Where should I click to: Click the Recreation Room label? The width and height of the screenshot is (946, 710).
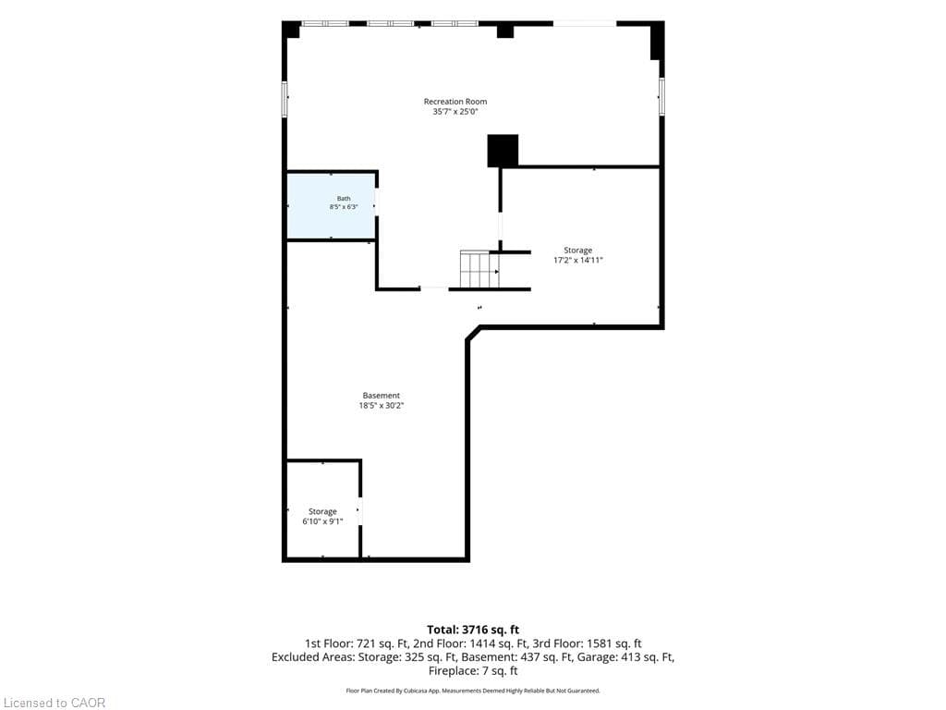tap(455, 102)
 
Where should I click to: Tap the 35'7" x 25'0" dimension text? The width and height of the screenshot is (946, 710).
tap(455, 112)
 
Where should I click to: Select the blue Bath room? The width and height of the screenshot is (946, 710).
tap(331, 205)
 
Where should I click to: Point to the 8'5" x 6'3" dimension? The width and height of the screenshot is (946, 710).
tap(344, 207)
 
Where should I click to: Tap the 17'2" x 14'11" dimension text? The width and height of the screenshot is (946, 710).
tap(578, 260)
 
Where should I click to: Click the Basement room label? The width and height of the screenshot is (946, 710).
tap(381, 396)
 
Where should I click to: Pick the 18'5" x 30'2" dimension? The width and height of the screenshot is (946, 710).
tap(381, 406)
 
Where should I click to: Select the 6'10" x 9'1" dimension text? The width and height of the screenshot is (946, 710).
tap(322, 521)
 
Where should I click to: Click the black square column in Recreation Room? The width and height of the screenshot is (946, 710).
tap(503, 151)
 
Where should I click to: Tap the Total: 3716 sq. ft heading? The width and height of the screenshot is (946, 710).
tap(473, 630)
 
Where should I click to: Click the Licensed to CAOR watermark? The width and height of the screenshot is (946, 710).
tap(53, 703)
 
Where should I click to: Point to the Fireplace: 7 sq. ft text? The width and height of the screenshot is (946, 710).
tap(473, 671)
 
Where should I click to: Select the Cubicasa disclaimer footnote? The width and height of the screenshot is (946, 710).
tap(473, 691)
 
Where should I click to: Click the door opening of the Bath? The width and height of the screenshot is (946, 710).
tap(377, 204)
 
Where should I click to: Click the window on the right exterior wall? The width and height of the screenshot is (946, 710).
tap(661, 96)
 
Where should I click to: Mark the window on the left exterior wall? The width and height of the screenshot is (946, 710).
tap(285, 99)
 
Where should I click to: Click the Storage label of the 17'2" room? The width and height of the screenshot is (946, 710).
tap(578, 250)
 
